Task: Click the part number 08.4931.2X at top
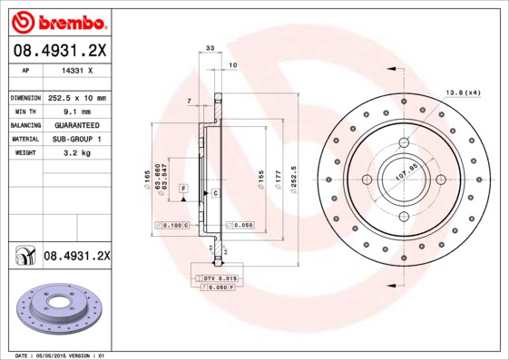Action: click(x=58, y=49)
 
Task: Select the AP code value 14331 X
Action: click(x=76, y=69)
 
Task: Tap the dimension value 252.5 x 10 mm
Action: click(x=76, y=97)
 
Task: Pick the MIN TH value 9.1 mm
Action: click(x=76, y=111)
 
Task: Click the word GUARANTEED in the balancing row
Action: click(x=76, y=124)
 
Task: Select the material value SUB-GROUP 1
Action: click(x=76, y=139)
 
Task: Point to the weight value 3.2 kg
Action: click(x=76, y=153)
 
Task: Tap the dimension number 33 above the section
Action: click(x=210, y=47)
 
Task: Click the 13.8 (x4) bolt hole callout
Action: click(x=463, y=92)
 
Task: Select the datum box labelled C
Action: click(x=216, y=193)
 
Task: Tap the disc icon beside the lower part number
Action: click(x=23, y=257)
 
